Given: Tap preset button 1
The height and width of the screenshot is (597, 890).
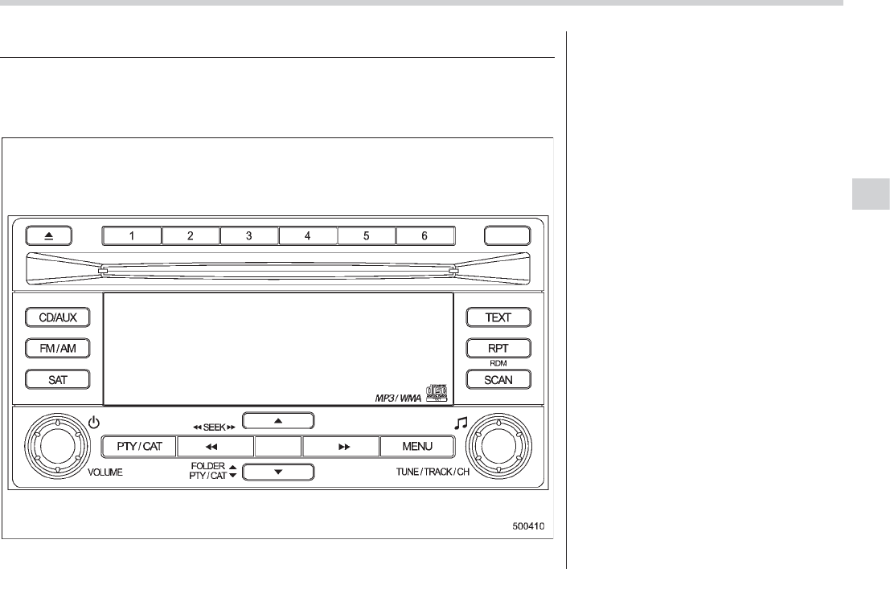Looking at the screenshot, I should pos(132,236).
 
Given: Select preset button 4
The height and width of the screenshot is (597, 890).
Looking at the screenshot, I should pos(308,236).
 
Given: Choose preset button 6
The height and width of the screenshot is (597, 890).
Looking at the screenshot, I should pos(425,236).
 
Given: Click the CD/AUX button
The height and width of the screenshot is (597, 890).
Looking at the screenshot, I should pos(56,317).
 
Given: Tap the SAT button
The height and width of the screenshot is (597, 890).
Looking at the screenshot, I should pos(56,379).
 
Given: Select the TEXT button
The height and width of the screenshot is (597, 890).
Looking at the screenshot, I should pos(499,317).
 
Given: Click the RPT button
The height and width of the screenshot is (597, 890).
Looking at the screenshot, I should pos(499,349).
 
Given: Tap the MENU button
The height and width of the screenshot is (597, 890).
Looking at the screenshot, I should pos(418,446).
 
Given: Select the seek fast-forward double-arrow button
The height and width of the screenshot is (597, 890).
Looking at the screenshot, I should pos(341,446).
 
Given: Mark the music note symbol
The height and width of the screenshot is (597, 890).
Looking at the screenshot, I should pos(461,423).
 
